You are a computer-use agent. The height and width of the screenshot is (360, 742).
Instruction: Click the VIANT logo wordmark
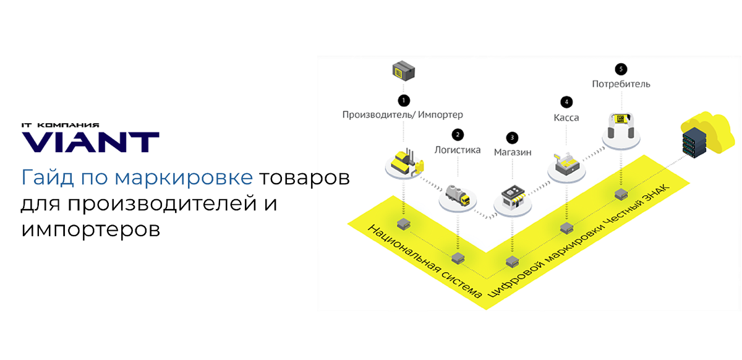click(x=91, y=142)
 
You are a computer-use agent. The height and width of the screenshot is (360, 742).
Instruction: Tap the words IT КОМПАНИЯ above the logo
click(x=60, y=125)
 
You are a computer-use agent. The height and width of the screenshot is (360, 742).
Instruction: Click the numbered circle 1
click(x=404, y=100)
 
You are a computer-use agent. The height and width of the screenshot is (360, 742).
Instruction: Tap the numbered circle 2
click(x=458, y=134)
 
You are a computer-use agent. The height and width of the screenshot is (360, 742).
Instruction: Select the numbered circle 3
click(x=512, y=137)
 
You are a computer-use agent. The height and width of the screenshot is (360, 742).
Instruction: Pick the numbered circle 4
click(x=565, y=101)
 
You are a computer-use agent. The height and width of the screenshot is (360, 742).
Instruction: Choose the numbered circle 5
click(x=621, y=69)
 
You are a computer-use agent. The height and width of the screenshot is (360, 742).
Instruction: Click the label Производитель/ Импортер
click(x=403, y=114)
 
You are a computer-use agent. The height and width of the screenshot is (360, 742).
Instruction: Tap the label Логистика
click(x=458, y=149)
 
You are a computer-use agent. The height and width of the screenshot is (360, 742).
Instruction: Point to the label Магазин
click(x=512, y=152)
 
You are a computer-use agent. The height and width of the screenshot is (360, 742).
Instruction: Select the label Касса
click(x=565, y=117)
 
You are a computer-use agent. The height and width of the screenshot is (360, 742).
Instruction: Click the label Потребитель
click(x=621, y=84)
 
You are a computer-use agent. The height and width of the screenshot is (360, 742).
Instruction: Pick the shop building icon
click(x=513, y=197)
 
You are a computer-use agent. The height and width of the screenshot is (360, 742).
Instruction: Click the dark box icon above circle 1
click(x=403, y=71)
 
